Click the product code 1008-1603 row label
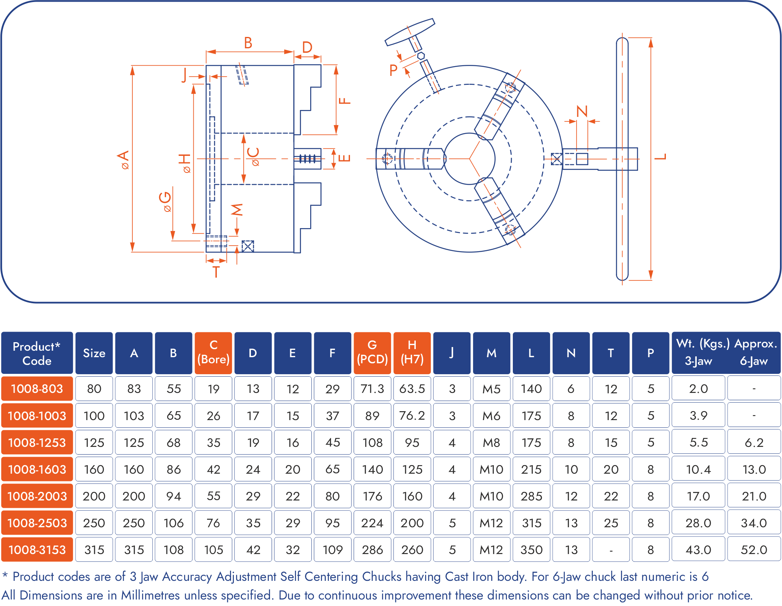[x=37, y=469]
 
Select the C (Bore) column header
[x=213, y=352]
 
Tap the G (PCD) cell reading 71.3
[x=372, y=388]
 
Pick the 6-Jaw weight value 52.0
[x=754, y=550]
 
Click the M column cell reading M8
[x=491, y=442]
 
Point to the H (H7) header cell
[x=412, y=352]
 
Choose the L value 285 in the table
[x=531, y=496]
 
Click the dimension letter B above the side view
[x=248, y=43]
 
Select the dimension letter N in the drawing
[x=582, y=111]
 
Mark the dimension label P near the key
[x=393, y=70]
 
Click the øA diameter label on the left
[x=123, y=159]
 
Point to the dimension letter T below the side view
[x=216, y=272]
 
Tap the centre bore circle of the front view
[x=469, y=159]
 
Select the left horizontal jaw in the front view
[x=410, y=158]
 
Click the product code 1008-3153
[x=37, y=550]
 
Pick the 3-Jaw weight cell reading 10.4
[x=698, y=469]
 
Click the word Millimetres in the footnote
[x=150, y=595]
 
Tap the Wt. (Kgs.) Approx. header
[x=726, y=344]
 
